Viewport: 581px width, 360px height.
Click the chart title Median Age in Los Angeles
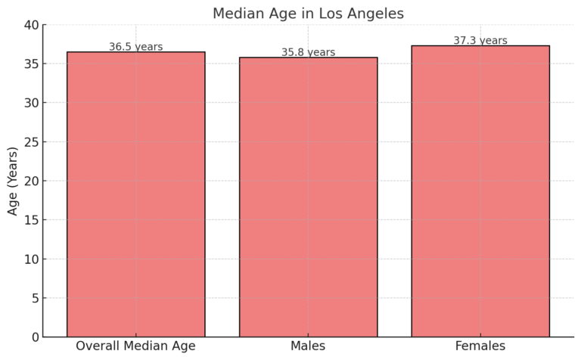pos(308,13)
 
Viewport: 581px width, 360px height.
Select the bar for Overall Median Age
pos(135,194)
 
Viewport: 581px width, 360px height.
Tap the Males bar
pos(308,197)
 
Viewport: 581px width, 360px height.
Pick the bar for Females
pos(480,191)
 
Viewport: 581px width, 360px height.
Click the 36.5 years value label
pos(135,47)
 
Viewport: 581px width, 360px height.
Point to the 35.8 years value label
pos(308,52)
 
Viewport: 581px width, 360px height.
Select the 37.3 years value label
pos(480,41)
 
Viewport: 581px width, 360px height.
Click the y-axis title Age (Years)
pos(13,181)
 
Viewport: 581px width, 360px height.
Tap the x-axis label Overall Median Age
pos(135,346)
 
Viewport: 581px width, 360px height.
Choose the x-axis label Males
pos(308,346)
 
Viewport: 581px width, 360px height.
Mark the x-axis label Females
pos(480,346)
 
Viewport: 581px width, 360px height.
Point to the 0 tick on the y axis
pos(34,337)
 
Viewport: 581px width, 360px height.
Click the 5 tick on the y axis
pos(34,298)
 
